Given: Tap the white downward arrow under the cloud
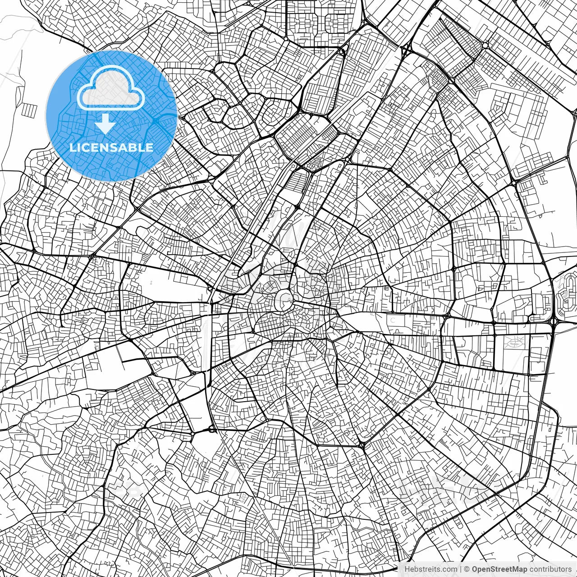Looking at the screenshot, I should click(105, 123).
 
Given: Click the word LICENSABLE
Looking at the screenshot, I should click(111, 147).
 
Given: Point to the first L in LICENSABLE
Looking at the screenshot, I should click(72, 147).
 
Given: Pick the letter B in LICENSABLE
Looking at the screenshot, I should click(134, 147).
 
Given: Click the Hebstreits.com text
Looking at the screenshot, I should click(430, 569).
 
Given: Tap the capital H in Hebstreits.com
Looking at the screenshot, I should click(407, 569).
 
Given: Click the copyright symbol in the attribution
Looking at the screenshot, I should click(467, 569).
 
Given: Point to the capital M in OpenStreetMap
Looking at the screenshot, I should click(517, 569).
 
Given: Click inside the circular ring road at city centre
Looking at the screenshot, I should click(284, 299).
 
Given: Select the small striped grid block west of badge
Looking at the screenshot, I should click(31, 110).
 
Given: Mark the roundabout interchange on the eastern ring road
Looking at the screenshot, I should click(554, 321).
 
